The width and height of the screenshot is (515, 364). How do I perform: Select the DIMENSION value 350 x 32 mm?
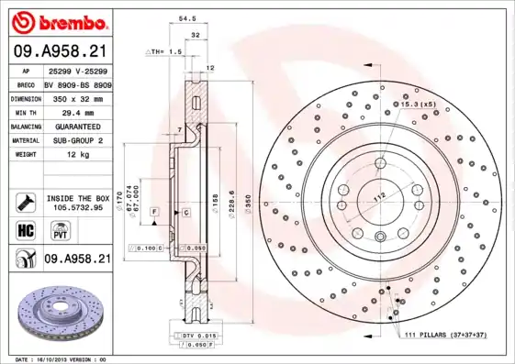76,97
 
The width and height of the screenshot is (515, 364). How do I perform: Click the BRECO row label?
25,83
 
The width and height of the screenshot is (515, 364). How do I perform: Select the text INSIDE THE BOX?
76,197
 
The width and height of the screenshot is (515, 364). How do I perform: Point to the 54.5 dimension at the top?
186,17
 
